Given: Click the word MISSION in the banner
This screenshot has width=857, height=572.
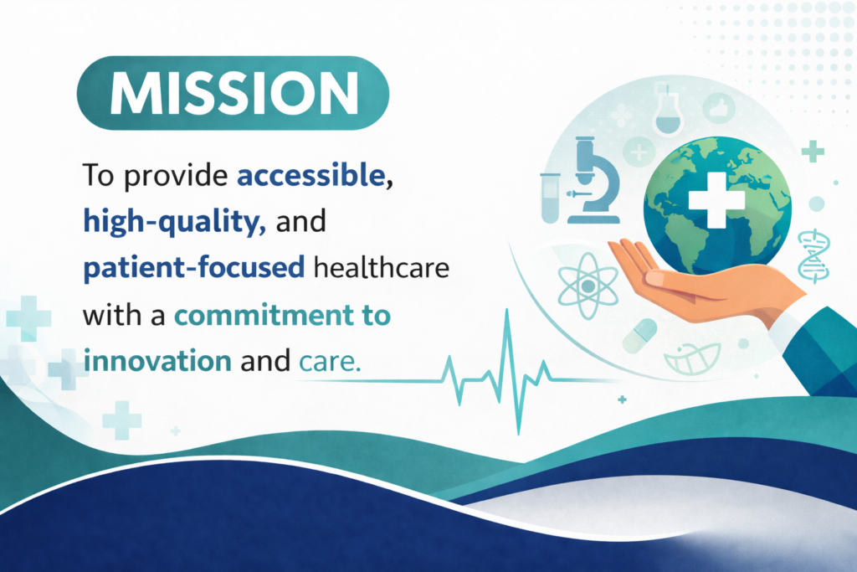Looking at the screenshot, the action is click(x=234, y=93).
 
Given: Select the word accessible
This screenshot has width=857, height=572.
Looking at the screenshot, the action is click(x=311, y=175).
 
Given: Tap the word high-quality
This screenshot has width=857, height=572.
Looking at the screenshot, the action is click(x=171, y=222).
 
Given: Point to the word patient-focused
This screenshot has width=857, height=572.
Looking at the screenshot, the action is click(x=193, y=268).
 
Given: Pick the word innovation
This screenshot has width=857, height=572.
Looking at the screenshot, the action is click(x=157, y=362).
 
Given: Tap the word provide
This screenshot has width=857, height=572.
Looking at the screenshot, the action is click(x=175, y=177).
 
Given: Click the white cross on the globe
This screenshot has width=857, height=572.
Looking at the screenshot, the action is click(x=716, y=199).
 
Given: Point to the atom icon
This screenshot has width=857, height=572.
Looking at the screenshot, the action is click(x=588, y=286).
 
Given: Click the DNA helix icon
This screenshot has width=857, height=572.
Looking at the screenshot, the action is click(x=813, y=256).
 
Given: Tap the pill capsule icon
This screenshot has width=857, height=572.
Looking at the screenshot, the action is click(x=639, y=335).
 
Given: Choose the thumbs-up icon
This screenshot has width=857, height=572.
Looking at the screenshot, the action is click(x=718, y=108).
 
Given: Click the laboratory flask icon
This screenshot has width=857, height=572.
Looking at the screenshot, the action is click(x=668, y=110).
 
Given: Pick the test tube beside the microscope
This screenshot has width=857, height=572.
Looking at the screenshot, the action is click(x=550, y=198).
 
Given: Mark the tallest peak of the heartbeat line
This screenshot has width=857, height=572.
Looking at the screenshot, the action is click(x=507, y=310).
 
